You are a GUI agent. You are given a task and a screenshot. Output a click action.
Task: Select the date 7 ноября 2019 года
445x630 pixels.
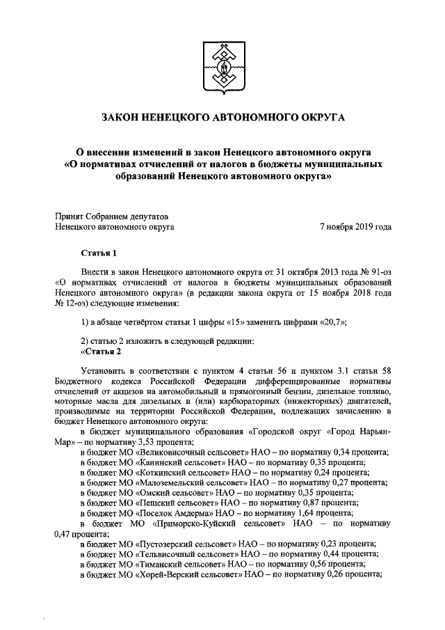click(x=355, y=226)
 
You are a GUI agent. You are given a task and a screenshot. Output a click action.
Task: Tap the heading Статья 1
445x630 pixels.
click(x=99, y=252)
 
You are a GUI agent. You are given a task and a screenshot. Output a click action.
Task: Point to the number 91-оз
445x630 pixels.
click(x=376, y=272)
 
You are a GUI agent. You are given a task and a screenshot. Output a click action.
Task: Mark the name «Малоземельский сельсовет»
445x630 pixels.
click(x=186, y=482)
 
